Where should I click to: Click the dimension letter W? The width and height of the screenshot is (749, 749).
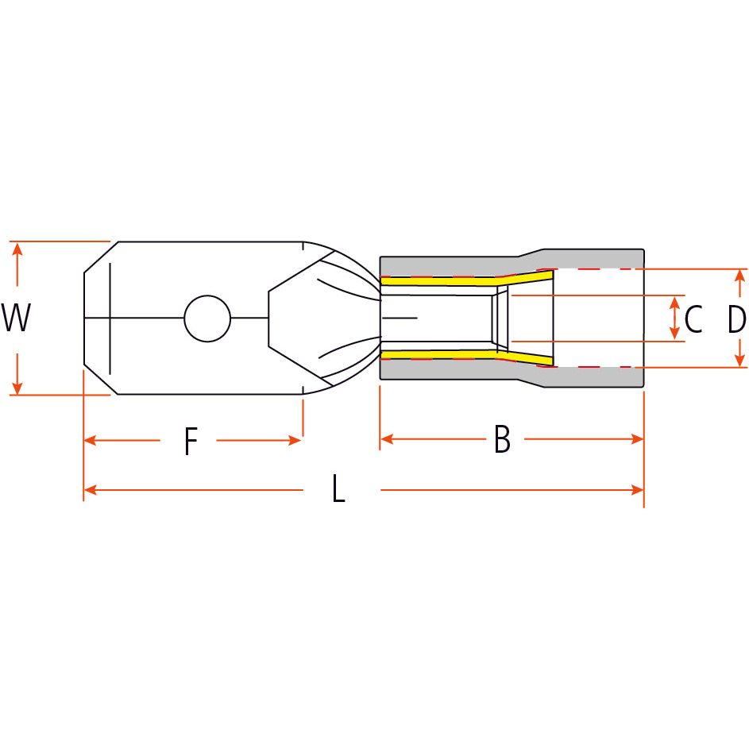(16, 319)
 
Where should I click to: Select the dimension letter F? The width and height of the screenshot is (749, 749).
(190, 442)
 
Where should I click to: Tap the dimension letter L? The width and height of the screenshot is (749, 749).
(338, 490)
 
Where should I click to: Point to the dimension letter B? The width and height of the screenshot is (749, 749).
(502, 439)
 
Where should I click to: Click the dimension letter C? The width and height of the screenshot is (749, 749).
(693, 319)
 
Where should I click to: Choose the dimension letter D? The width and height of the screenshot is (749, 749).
(737, 319)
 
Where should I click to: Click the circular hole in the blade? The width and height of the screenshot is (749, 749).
(207, 319)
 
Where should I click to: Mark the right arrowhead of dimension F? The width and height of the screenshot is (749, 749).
(295, 440)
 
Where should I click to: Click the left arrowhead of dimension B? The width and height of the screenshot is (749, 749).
(387, 438)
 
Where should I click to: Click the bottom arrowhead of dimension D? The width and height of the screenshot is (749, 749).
(739, 361)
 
